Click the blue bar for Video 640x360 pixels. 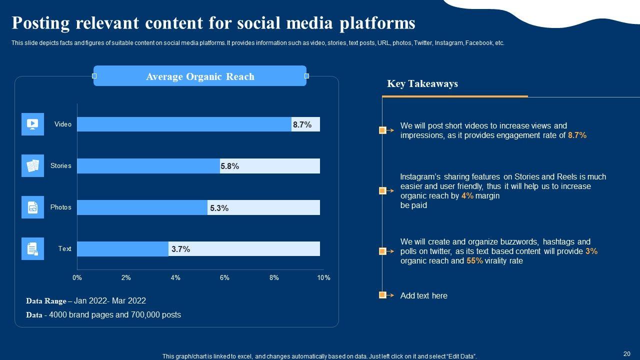pyautogui.click(x=184, y=124)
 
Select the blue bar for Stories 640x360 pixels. pyautogui.click(x=148, y=166)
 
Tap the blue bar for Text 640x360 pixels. pyautogui.click(x=122, y=249)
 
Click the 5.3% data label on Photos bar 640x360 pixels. pyautogui.click(x=219, y=208)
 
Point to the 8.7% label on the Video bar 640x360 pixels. pyautogui.click(x=302, y=125)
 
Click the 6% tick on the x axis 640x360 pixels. pyautogui.click(x=224, y=277)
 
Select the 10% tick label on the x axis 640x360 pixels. pyautogui.click(x=323, y=277)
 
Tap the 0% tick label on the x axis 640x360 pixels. pyautogui.click(x=77, y=277)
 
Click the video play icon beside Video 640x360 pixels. pyautogui.click(x=32, y=124)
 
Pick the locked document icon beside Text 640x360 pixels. pyautogui.click(x=32, y=248)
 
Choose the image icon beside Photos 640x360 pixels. pyautogui.click(x=32, y=207)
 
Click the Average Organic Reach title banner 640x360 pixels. pyautogui.click(x=200, y=76)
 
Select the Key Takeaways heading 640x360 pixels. pyautogui.click(x=422, y=83)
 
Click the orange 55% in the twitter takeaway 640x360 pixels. pyautogui.click(x=474, y=260)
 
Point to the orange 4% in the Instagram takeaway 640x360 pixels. pyautogui.click(x=467, y=195)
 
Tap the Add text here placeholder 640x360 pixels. pyautogui.click(x=424, y=295)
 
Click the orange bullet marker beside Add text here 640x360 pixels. pyautogui.click(x=382, y=295)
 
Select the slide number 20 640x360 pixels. pyautogui.click(x=626, y=352)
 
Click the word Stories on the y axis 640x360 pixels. pyautogui.click(x=60, y=165)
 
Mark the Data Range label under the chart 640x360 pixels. pyautogui.click(x=46, y=301)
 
